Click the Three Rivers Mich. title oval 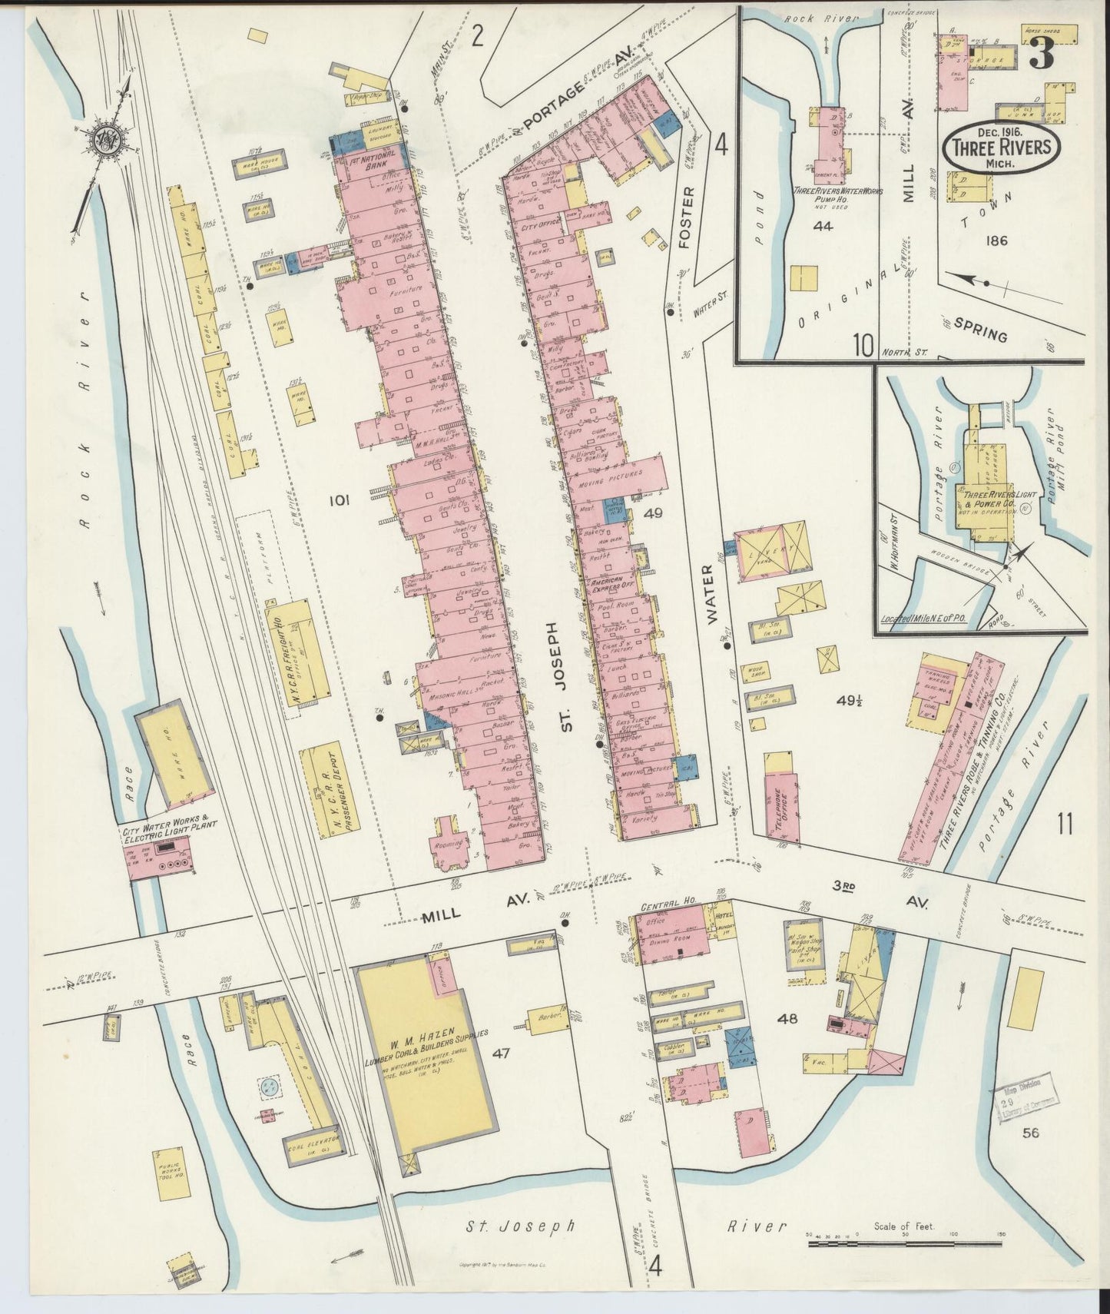1003,145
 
